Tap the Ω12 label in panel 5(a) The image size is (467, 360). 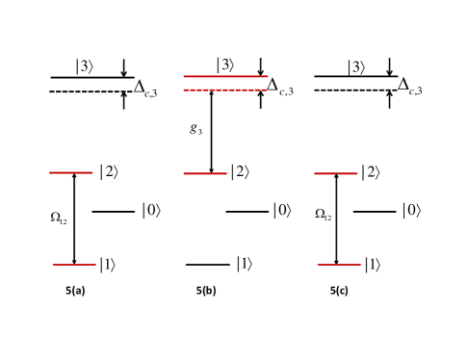coord(60,218)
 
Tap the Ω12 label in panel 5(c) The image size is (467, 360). coord(324,216)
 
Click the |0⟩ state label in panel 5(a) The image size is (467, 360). coord(152,210)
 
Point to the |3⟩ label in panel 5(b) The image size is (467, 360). coord(225,64)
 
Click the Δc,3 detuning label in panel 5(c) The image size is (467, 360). coord(409,89)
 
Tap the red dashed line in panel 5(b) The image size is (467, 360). coord(224,90)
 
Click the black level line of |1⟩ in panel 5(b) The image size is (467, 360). coord(207,264)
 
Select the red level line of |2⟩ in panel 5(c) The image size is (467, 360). coord(336,173)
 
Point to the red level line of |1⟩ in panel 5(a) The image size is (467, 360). coord(74,264)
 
